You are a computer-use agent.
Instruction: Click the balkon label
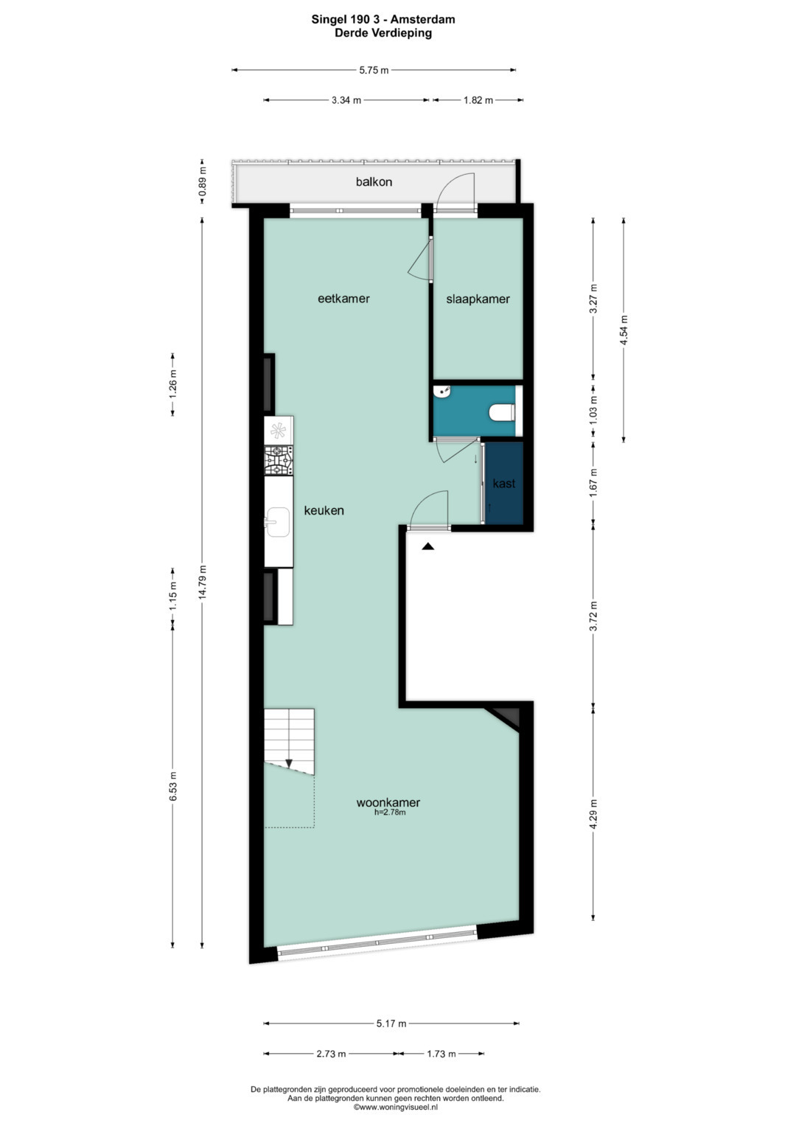click(x=374, y=181)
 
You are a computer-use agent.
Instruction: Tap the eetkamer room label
click(x=343, y=299)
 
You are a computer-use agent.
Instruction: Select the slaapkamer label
click(x=478, y=299)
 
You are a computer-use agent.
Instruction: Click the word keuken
click(x=324, y=511)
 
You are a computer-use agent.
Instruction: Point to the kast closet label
click(x=504, y=484)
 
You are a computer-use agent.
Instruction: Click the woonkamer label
click(x=388, y=802)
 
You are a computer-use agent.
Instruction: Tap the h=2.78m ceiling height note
click(x=390, y=812)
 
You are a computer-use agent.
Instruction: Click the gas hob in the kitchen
click(x=279, y=460)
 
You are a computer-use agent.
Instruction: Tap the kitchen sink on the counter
click(x=277, y=522)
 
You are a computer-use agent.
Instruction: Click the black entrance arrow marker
click(x=427, y=546)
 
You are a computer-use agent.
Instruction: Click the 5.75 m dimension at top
click(x=374, y=70)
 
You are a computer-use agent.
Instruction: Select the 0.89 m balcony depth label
click(x=202, y=185)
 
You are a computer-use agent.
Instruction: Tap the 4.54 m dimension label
click(x=624, y=330)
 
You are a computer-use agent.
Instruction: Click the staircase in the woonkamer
click(x=290, y=741)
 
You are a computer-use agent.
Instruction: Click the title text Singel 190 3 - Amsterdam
click(x=383, y=20)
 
